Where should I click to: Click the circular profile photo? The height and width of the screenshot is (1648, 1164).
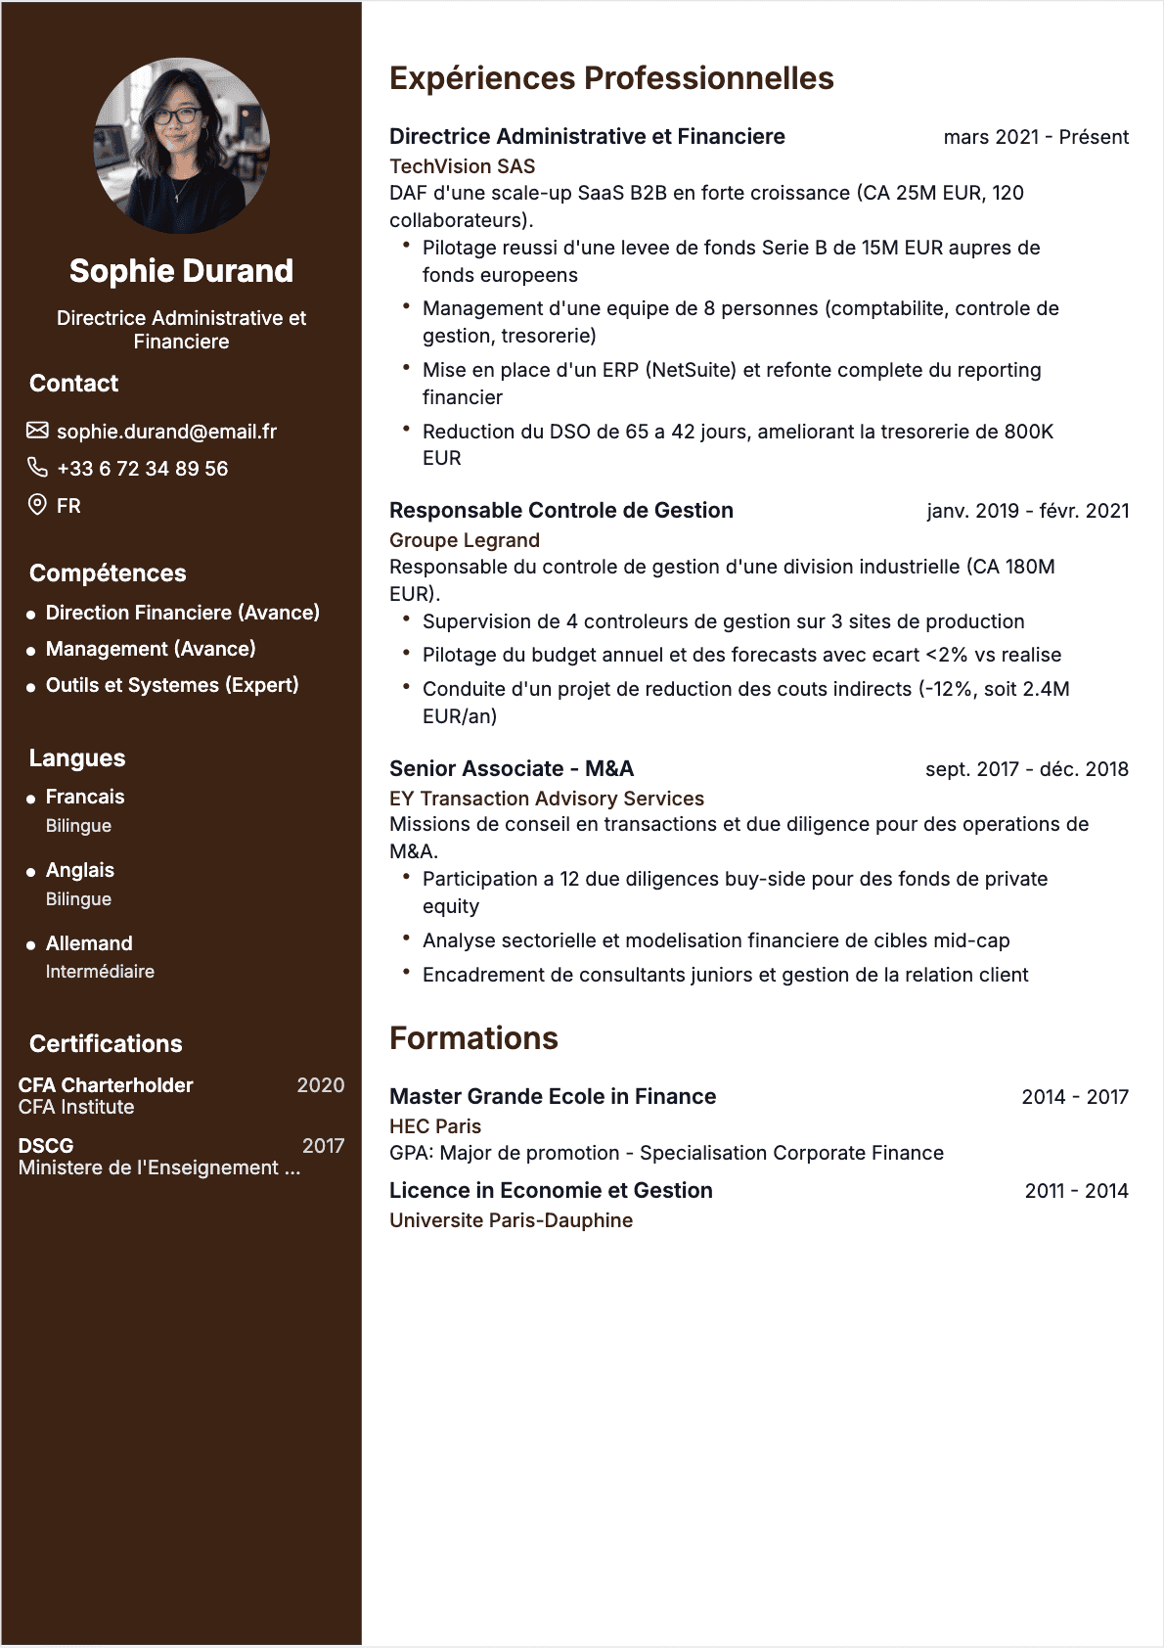point(181,146)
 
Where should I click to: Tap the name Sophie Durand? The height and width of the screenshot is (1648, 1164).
point(181,271)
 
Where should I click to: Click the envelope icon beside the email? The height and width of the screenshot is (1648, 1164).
point(37,431)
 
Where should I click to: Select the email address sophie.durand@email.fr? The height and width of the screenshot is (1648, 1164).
point(166,432)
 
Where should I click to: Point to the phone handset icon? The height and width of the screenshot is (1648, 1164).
point(37,468)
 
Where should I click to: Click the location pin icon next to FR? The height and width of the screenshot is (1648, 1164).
point(37,505)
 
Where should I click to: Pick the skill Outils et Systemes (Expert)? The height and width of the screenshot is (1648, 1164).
point(172,685)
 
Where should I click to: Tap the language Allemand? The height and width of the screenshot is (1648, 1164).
point(89,943)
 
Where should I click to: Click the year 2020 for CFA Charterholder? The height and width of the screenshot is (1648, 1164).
point(320,1085)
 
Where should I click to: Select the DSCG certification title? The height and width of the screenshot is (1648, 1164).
point(46,1146)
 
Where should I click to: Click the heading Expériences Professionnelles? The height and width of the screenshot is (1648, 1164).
point(611,78)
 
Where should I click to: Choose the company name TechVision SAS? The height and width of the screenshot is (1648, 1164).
point(462,166)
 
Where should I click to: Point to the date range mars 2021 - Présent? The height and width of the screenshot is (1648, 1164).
point(1035,137)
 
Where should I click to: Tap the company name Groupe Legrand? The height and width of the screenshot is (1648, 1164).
point(464,540)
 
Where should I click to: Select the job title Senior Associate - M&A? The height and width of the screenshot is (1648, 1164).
point(512,769)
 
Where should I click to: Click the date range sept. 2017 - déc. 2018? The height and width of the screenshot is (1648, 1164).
point(1026,769)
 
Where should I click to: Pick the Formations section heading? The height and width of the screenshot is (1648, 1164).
point(473,1038)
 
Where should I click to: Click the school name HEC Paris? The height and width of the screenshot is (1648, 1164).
point(435,1126)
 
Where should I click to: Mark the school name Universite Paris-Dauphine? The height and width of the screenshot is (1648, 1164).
point(511,1220)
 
